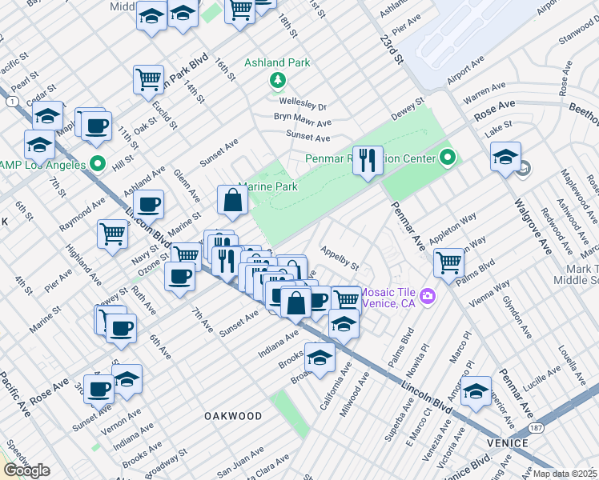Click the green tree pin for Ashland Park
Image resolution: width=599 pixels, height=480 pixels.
[278, 80]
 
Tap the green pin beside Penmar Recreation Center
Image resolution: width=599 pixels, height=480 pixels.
[448, 158]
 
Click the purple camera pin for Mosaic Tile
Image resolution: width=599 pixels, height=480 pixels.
[427, 297]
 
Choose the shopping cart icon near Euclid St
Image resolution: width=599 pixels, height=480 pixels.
[148, 78]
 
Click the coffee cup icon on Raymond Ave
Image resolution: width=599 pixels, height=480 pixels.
[148, 204]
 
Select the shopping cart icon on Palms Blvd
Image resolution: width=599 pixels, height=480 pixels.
[448, 261]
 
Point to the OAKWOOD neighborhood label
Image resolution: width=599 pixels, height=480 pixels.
[232, 416]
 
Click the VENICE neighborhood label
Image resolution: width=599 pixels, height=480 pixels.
[505, 442]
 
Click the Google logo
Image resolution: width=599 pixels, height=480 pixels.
[26, 470]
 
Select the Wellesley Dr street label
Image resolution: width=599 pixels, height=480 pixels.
[303, 106]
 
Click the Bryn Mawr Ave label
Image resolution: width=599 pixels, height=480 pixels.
[302, 120]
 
